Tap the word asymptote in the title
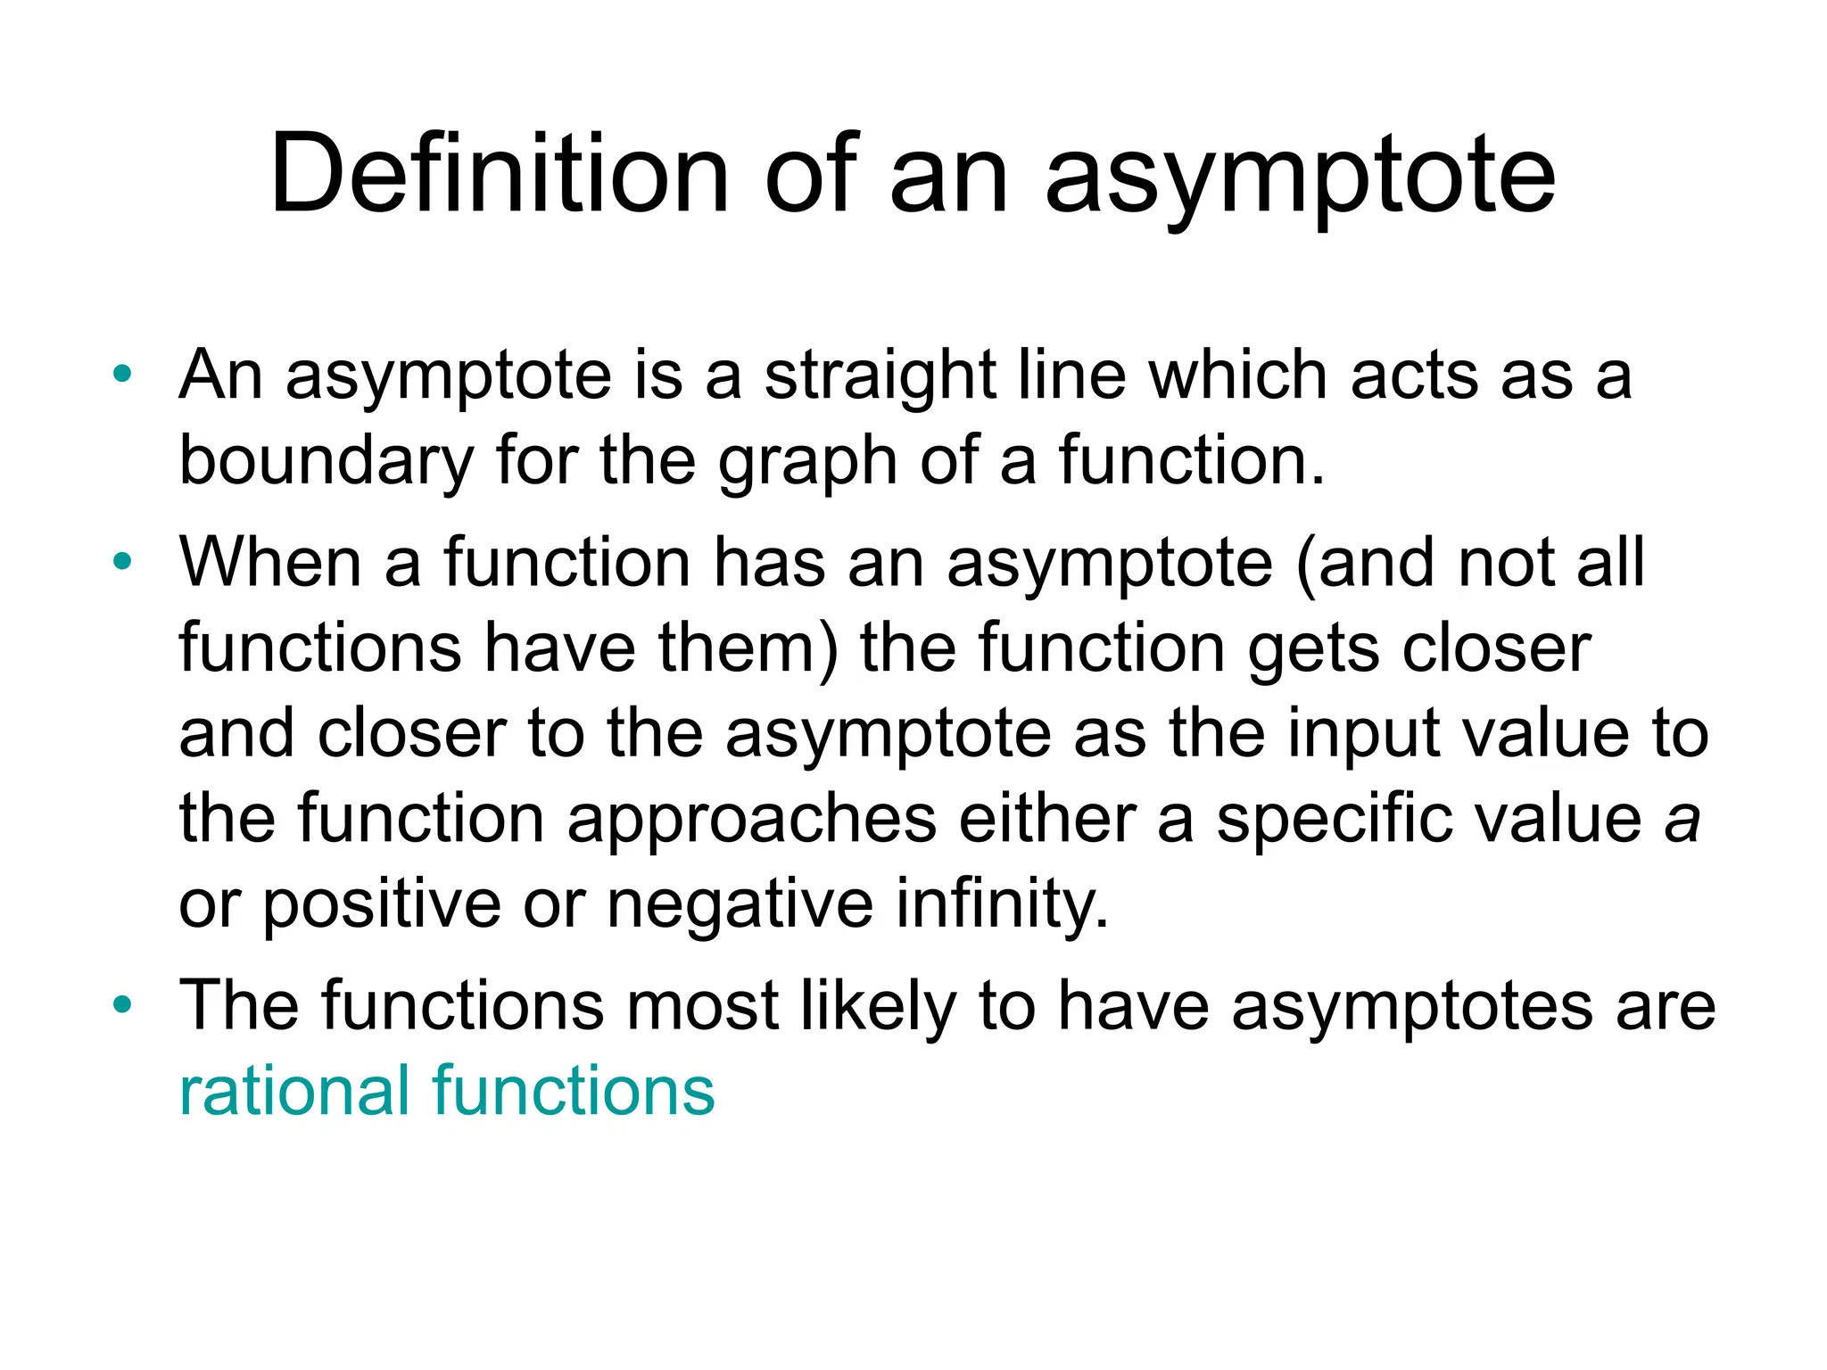click(x=1300, y=177)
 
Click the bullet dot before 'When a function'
click(x=122, y=561)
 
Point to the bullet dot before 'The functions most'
click(x=122, y=1004)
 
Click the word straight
click(x=879, y=376)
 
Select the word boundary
click(x=327, y=462)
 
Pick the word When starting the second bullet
click(x=270, y=562)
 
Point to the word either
click(x=1047, y=819)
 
